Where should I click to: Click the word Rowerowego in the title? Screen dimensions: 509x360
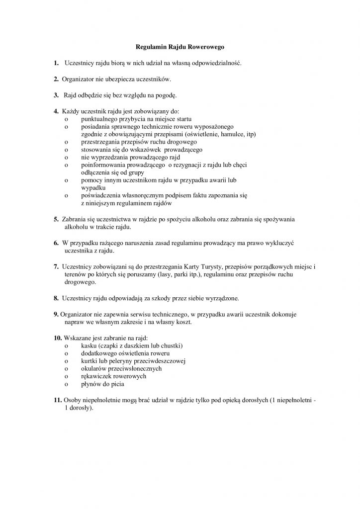[207, 48]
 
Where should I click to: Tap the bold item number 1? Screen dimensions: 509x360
[56, 63]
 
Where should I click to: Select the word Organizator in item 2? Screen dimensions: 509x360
[78, 79]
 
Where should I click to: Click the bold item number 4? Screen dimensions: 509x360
[56, 110]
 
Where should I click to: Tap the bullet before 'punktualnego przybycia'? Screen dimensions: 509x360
[66, 119]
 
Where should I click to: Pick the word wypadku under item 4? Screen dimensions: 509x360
[93, 188]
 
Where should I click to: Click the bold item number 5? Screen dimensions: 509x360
[56, 219]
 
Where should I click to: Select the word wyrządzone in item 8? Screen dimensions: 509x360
[221, 298]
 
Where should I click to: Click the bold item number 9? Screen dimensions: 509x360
[56, 314]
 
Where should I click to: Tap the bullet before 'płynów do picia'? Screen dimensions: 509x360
[66, 384]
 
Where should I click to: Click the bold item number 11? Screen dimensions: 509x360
[57, 400]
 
